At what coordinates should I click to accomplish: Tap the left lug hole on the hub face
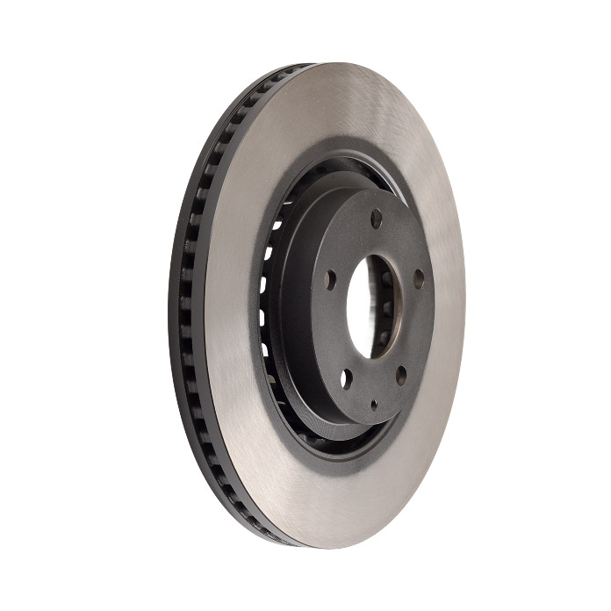pos(330,280)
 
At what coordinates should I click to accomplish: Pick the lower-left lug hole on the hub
pos(345,378)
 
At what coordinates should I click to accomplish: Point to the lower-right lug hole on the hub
pos(401,376)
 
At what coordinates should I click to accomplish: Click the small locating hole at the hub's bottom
pos(373,405)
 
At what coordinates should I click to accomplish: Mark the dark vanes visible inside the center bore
pos(384,307)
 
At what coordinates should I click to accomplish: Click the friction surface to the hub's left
pos(233,307)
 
